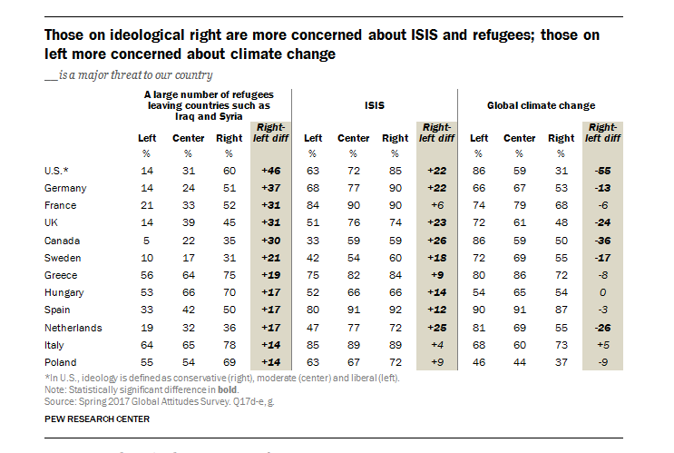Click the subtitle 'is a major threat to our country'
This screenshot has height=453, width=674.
coord(134,75)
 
